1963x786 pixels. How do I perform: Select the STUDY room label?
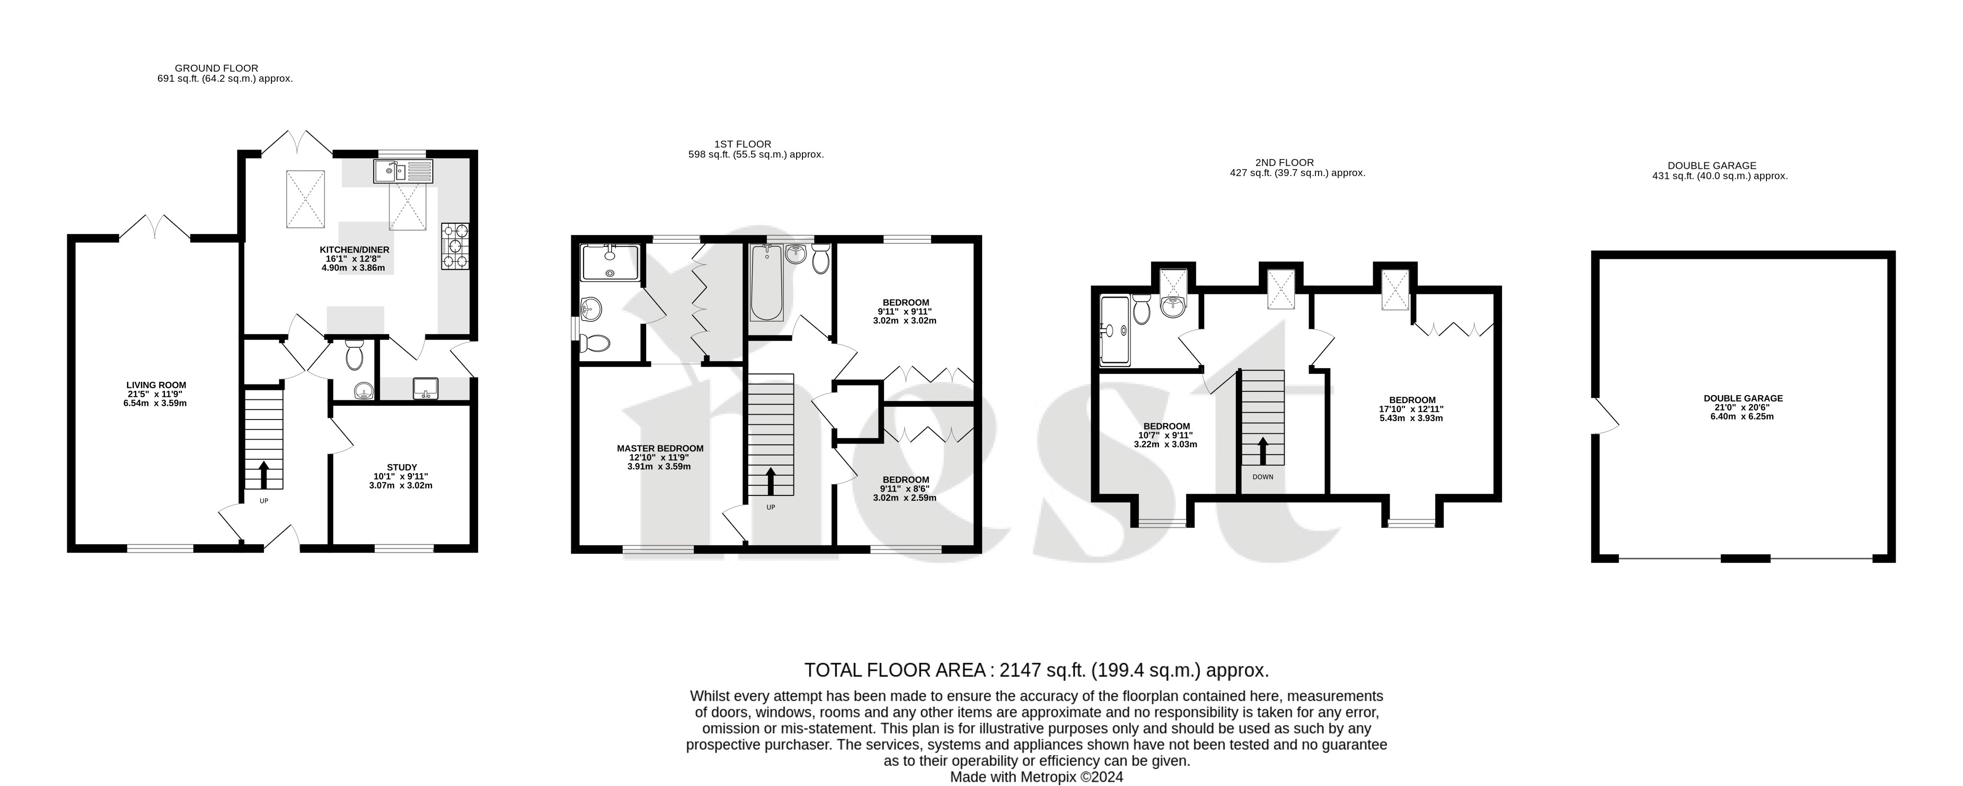[402, 467]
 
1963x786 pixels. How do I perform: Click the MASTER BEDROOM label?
[660, 448]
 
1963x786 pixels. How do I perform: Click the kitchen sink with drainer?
[403, 171]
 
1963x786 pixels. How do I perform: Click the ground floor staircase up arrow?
[264, 474]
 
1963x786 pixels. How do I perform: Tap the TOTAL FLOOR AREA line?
[1037, 670]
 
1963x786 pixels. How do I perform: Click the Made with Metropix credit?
[1037, 777]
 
